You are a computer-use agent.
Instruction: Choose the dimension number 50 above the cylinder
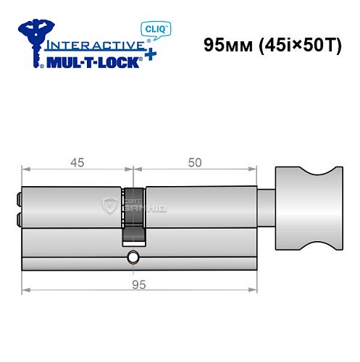[194, 163]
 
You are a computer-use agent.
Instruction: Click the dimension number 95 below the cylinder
[139, 285]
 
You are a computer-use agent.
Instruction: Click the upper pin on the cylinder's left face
[18, 197]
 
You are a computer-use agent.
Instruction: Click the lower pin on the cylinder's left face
[18, 218]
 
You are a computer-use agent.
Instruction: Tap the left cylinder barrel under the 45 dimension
[72, 207]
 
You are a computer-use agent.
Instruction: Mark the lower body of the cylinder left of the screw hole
[72, 251]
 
